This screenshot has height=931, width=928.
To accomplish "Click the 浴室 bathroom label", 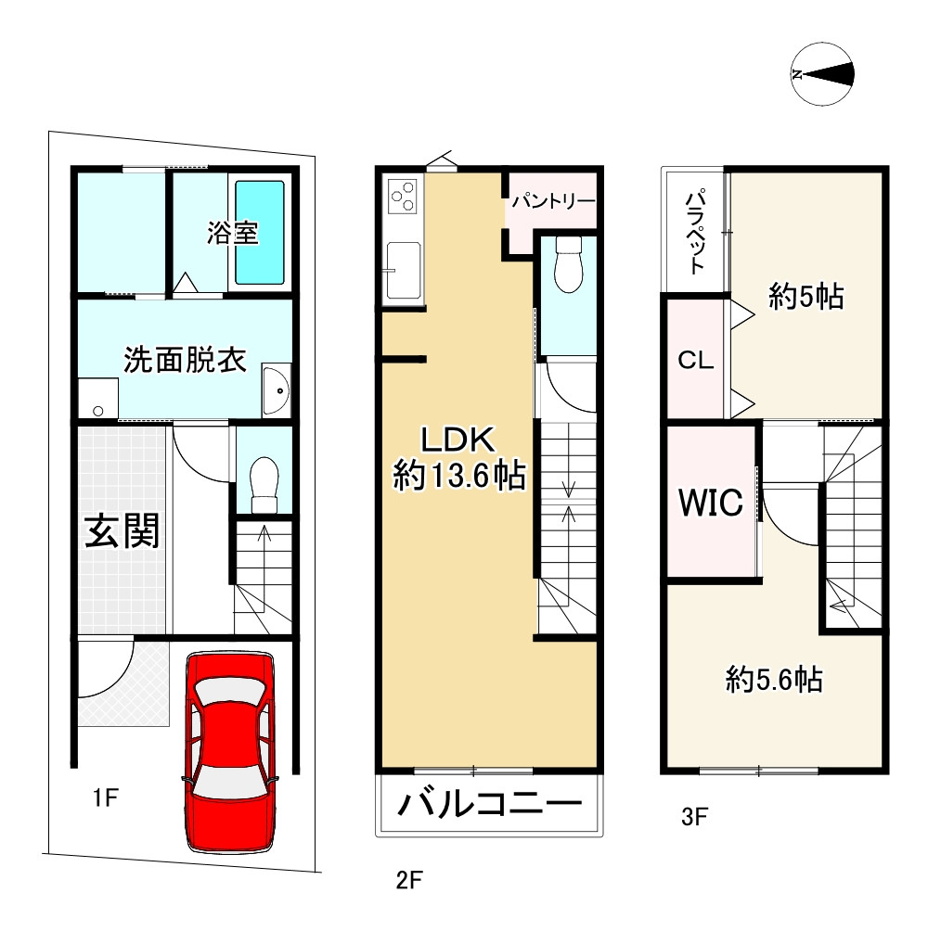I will coord(232,233).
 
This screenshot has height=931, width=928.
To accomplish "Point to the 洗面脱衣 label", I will coord(186,360).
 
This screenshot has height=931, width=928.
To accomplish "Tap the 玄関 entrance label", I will coord(122,531).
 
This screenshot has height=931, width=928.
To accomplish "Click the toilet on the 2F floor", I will coord(567,265).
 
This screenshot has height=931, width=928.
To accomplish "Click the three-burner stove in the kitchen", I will coord(404,197).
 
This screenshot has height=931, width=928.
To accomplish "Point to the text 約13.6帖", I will coord(459,477).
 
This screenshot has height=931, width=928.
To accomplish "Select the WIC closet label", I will coord(710,503).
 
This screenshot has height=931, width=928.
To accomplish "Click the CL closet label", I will coord(696,361).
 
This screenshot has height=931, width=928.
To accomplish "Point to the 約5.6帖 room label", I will coord(773,682).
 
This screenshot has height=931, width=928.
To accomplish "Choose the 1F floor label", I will coord(105,797).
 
